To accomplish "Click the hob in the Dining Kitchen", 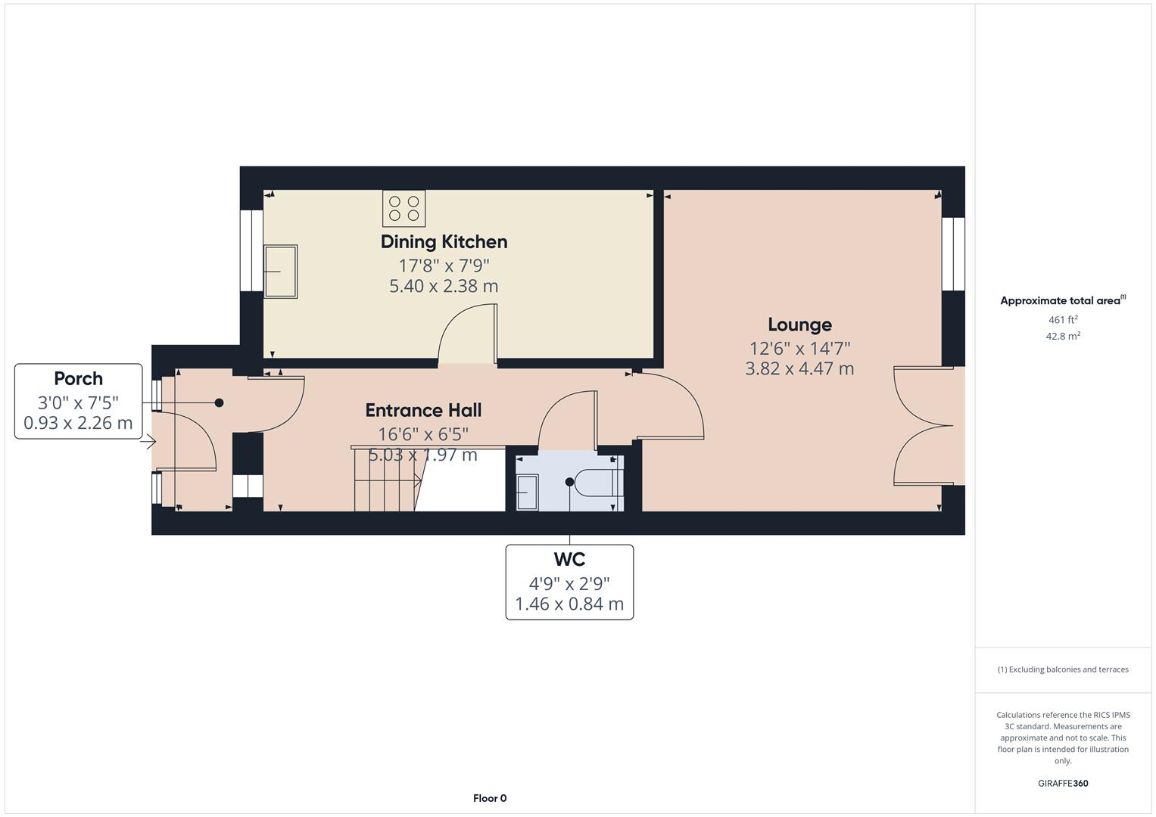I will click(404, 208).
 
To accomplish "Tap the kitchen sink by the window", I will click(280, 271).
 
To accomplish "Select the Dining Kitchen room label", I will click(444, 242).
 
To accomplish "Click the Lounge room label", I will click(799, 325).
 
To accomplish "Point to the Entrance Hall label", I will click(423, 410).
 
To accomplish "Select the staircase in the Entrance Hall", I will click(386, 480).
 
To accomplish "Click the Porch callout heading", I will click(78, 379).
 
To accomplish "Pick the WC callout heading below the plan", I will click(569, 560).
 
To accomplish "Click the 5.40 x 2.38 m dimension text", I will click(444, 286).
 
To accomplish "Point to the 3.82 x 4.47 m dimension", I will click(799, 368).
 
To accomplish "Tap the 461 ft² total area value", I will click(1063, 320).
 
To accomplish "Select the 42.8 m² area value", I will click(1063, 337).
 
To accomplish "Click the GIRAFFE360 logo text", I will click(1063, 783).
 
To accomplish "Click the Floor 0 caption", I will click(490, 798).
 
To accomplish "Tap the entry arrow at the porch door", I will click(151, 442).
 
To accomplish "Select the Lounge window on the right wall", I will click(953, 254).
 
